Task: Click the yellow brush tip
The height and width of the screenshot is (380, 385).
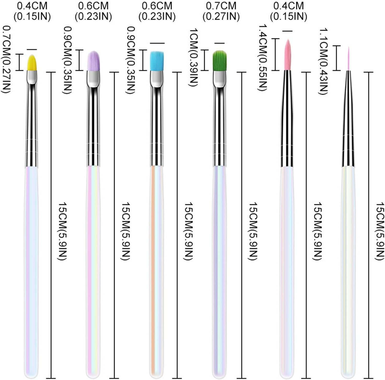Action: tap(32, 63)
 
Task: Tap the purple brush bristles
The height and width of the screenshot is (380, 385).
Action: tap(93, 61)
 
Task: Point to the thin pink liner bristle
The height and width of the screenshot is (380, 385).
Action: tap(349, 59)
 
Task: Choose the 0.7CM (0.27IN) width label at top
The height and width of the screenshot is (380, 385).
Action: tap(221, 11)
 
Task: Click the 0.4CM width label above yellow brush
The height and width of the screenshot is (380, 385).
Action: tap(32, 11)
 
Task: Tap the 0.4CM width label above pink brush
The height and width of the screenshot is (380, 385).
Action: tap(288, 11)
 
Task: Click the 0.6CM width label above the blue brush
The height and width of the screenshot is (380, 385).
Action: tap(157, 11)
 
